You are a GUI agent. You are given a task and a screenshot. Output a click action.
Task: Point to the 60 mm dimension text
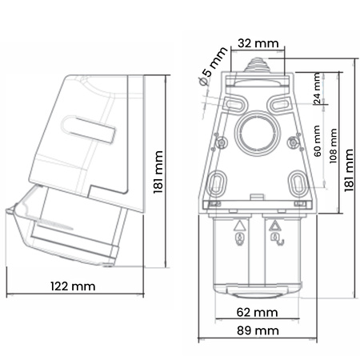[x=318, y=141]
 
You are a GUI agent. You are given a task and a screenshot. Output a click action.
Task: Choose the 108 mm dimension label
[x=334, y=144]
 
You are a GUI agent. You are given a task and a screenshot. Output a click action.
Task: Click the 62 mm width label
[x=257, y=312]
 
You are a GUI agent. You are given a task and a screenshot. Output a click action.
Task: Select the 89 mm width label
[x=257, y=330]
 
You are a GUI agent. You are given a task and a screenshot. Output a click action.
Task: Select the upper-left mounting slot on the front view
[x=234, y=104]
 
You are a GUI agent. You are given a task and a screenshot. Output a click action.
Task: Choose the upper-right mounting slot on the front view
[x=279, y=104]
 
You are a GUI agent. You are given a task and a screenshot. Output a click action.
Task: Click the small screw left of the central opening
[x=220, y=144]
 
